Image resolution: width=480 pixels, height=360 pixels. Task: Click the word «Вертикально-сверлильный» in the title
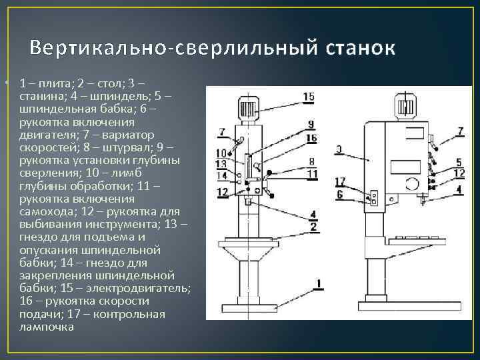(175, 49)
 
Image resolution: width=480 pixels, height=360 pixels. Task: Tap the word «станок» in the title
(360, 49)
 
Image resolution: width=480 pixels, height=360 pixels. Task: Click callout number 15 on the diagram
(308, 97)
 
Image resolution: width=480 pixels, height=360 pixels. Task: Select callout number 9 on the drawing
(311, 124)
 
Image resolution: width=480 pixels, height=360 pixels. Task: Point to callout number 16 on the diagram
(311, 137)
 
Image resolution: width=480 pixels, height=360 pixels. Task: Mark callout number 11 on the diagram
(311, 174)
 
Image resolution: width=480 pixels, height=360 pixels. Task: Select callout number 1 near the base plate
(319, 284)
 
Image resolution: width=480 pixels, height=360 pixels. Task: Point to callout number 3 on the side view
(339, 149)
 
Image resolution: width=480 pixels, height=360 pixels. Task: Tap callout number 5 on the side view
(459, 162)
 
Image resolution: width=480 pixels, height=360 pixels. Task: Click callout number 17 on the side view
(340, 181)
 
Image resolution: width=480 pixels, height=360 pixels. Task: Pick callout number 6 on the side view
(340, 194)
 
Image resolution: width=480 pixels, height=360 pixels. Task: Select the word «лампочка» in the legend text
(47, 327)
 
